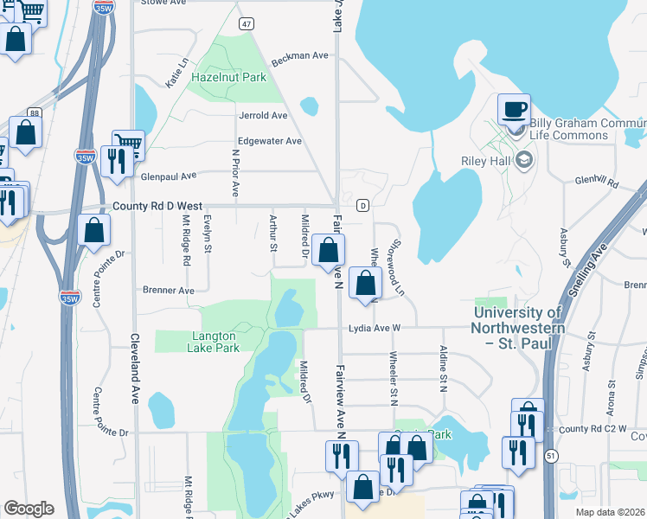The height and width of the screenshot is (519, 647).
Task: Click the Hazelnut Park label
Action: click(x=229, y=77)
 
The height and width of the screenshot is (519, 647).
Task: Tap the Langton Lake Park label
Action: click(x=213, y=342)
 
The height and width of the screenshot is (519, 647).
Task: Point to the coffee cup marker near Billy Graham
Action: click(x=514, y=110)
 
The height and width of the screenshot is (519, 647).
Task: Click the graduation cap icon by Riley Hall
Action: click(x=523, y=160)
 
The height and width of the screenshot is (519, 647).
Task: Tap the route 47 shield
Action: click(x=247, y=24)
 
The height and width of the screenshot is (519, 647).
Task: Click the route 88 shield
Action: click(x=34, y=112)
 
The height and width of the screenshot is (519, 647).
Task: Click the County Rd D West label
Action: click(x=157, y=207)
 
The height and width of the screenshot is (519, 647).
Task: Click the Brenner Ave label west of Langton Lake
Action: click(x=169, y=291)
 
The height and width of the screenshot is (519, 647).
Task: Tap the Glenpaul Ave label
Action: click(x=169, y=175)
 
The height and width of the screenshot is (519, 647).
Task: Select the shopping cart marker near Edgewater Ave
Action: click(x=128, y=143)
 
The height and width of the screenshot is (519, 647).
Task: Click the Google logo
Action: click(x=29, y=509)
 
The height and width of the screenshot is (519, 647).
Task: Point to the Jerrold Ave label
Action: click(x=263, y=115)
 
